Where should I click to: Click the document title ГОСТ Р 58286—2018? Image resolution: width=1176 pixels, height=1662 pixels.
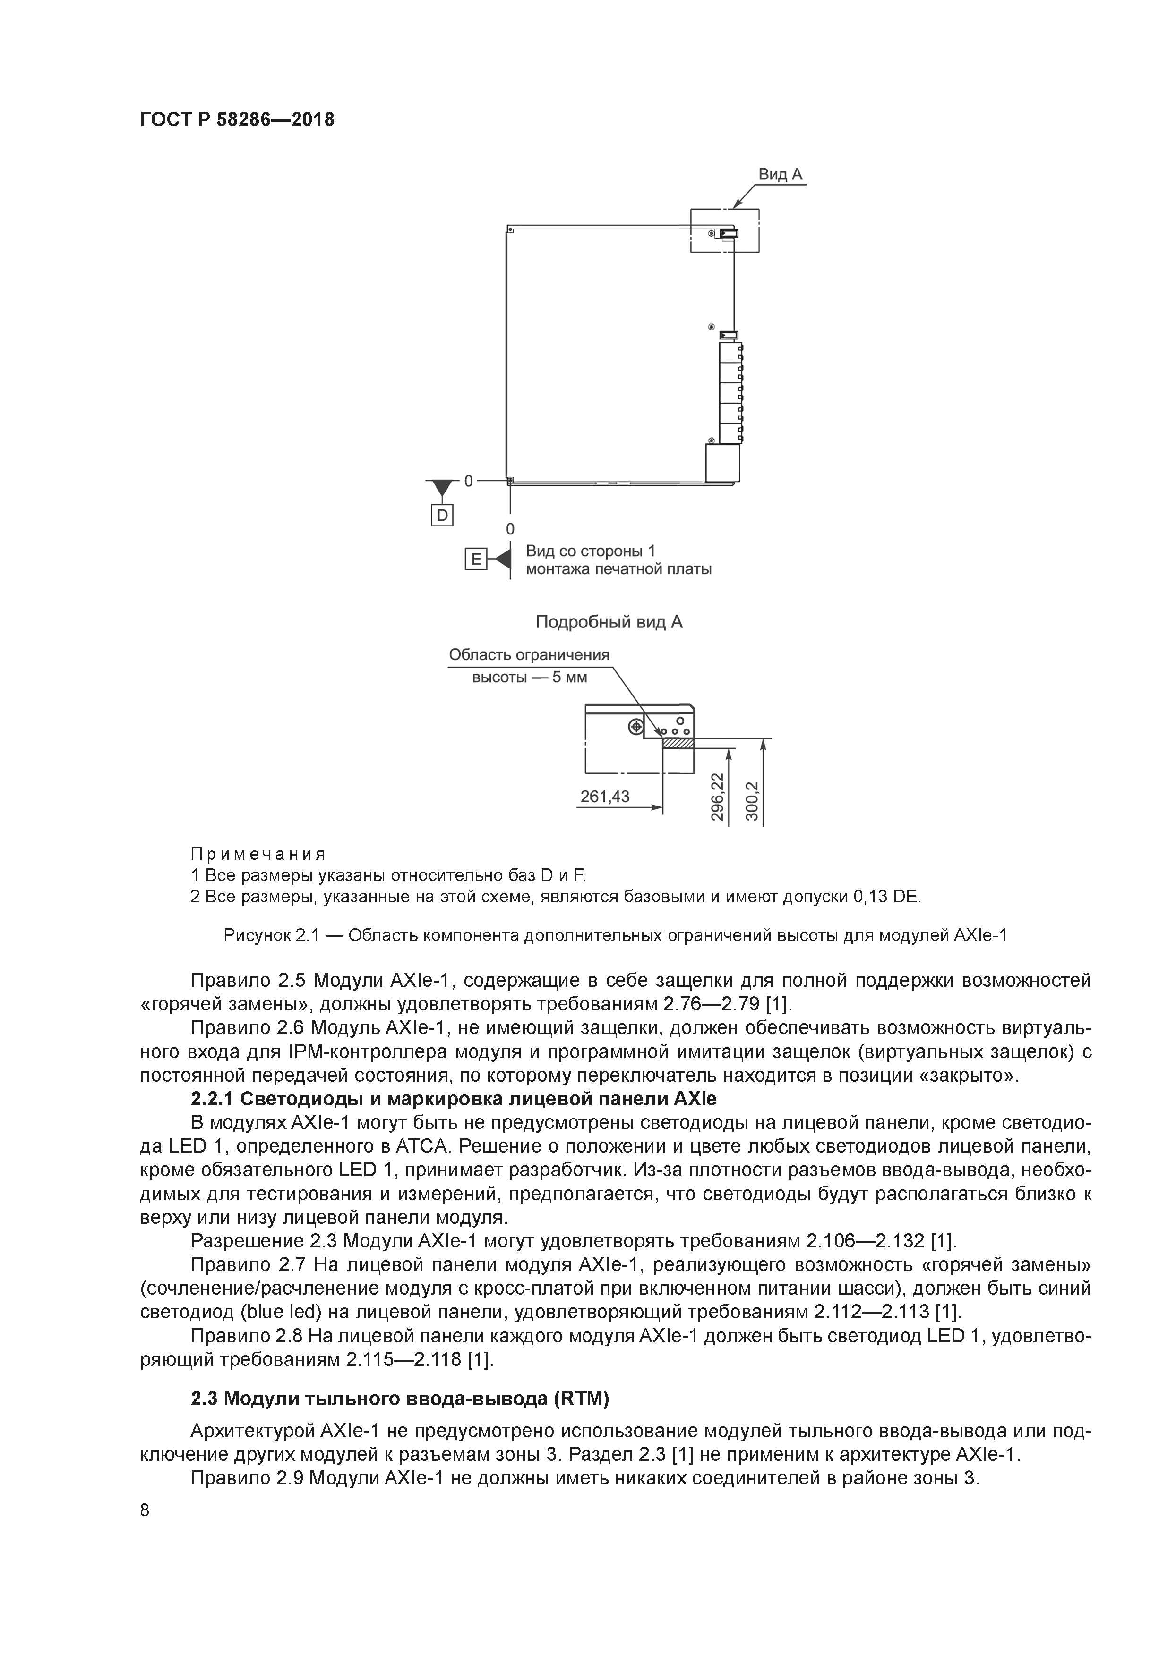(x=237, y=119)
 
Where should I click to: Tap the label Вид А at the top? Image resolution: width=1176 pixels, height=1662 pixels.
(x=780, y=174)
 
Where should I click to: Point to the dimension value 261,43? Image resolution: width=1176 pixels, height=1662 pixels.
(x=605, y=796)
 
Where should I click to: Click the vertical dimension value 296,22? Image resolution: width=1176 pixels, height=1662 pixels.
(x=717, y=796)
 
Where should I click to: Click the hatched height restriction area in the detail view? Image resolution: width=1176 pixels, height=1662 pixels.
(x=678, y=743)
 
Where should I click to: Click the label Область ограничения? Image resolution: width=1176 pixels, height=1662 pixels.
(x=529, y=654)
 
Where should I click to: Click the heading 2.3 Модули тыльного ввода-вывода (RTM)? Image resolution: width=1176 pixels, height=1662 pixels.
(x=400, y=1399)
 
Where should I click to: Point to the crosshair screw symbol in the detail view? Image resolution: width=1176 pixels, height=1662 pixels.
(x=636, y=725)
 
